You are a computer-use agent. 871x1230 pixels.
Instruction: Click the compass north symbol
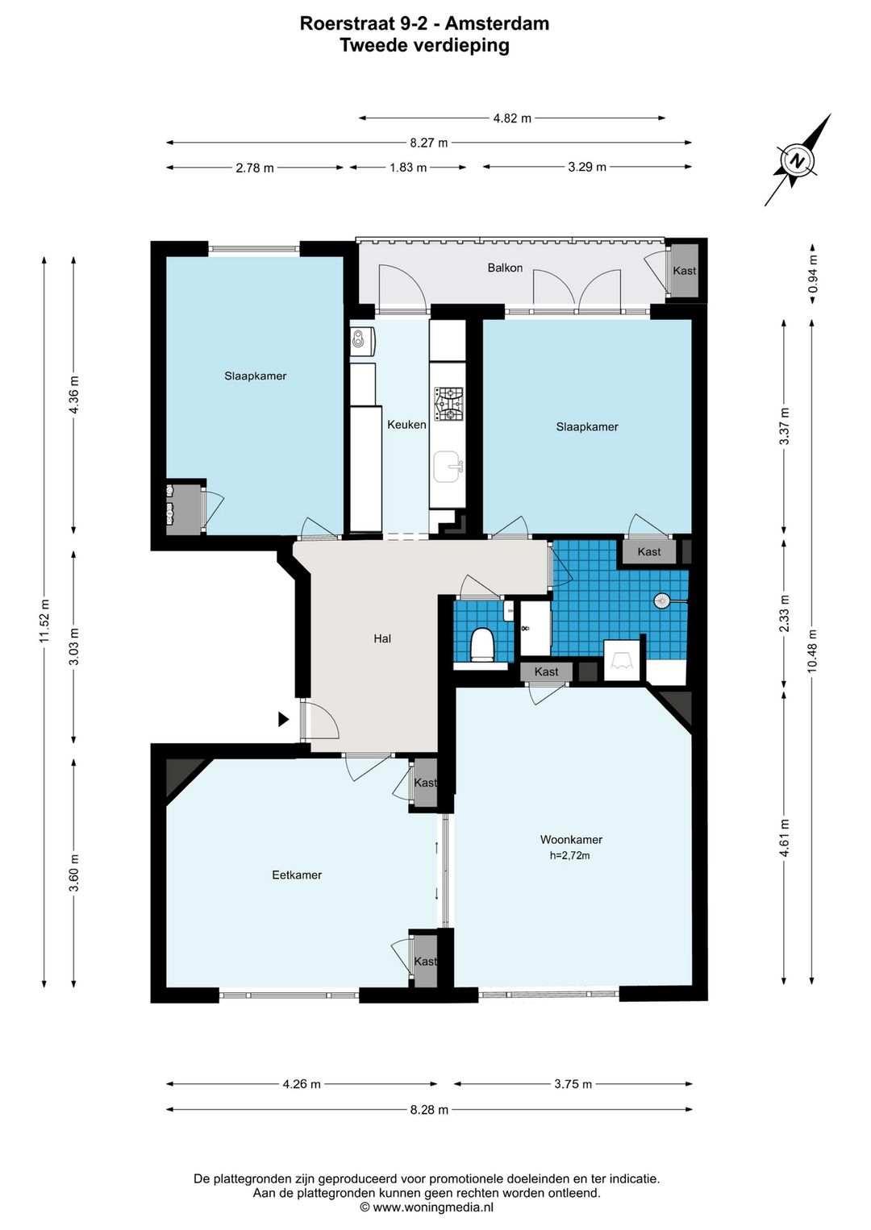796,161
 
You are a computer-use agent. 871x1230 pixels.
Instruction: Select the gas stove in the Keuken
449,404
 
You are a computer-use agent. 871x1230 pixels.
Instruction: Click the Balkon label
505,268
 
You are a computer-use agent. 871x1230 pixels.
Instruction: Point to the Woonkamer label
571,840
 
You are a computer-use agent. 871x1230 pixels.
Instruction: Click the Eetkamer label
297,875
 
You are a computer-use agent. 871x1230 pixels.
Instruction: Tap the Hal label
382,638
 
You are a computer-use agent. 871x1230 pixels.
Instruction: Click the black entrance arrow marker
283,719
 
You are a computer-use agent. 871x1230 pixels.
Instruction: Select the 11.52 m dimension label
44,621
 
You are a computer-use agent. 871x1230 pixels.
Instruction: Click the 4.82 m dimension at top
512,118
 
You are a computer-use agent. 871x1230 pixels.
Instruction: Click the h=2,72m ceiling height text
570,855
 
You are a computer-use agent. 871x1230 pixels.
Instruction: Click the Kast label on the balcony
684,271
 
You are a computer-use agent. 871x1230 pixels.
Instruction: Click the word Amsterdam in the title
497,23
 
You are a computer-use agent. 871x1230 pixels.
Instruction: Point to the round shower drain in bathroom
661,601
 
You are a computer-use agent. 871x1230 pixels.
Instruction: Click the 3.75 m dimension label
573,1084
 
